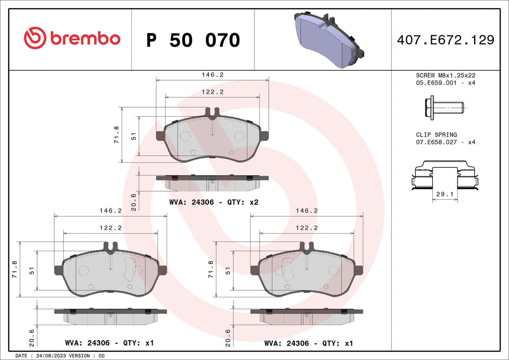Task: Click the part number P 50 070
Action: click(193, 40)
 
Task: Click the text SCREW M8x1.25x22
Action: click(445, 76)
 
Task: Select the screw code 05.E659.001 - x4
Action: click(445, 83)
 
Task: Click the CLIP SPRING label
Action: click(436, 134)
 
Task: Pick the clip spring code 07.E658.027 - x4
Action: click(445, 142)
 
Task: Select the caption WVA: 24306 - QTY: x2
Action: click(214, 202)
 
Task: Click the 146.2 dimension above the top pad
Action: click(212, 76)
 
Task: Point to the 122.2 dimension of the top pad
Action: click(212, 92)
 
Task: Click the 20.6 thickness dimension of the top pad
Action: click(133, 199)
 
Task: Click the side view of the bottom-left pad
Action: click(111, 315)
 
